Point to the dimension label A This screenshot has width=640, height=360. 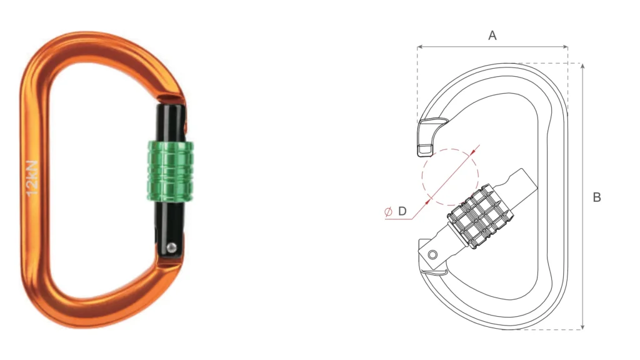click(492, 36)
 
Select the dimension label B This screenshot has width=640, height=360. click(597, 197)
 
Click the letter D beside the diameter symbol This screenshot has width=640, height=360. click(402, 211)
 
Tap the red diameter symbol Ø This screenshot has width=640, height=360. click(388, 212)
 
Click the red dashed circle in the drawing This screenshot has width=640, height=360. click(450, 177)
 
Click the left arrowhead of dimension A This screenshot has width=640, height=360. click(419, 47)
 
